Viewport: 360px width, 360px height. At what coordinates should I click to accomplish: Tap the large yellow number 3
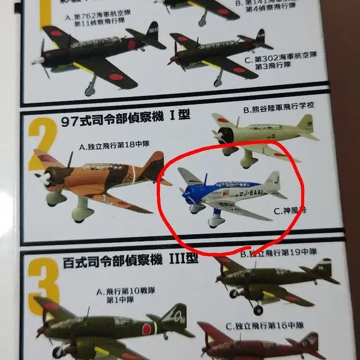tap(44, 288)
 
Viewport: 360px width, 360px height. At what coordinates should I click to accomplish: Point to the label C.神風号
tap(288, 211)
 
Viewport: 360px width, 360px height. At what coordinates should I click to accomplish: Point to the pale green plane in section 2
tap(263, 133)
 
